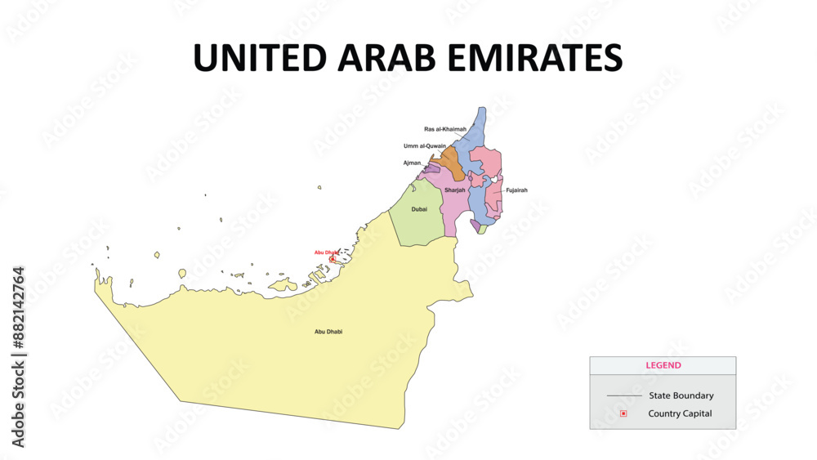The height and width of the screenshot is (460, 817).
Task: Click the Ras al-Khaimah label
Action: pos(445,129)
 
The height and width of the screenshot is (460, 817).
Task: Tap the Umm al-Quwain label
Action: pos(425,146)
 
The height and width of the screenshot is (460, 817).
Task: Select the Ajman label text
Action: pos(413,163)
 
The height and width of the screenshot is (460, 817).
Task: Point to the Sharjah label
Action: pos(455,190)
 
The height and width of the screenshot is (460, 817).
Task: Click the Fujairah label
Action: pos(516,190)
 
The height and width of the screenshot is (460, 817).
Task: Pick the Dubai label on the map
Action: pos(419,209)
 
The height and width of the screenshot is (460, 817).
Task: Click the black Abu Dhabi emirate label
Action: pos(328,332)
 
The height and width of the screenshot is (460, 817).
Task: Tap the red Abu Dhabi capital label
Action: pos(327,252)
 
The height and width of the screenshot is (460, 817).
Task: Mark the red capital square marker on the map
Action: pos(333,259)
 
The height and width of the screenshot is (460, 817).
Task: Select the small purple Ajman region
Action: pos(431,168)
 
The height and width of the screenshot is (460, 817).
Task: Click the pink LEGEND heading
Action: pos(663,365)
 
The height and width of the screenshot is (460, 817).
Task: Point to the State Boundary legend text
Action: pos(681,395)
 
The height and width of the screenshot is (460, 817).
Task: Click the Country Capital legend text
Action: pos(680,413)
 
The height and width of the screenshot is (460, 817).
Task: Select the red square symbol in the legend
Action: pos(623,413)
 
